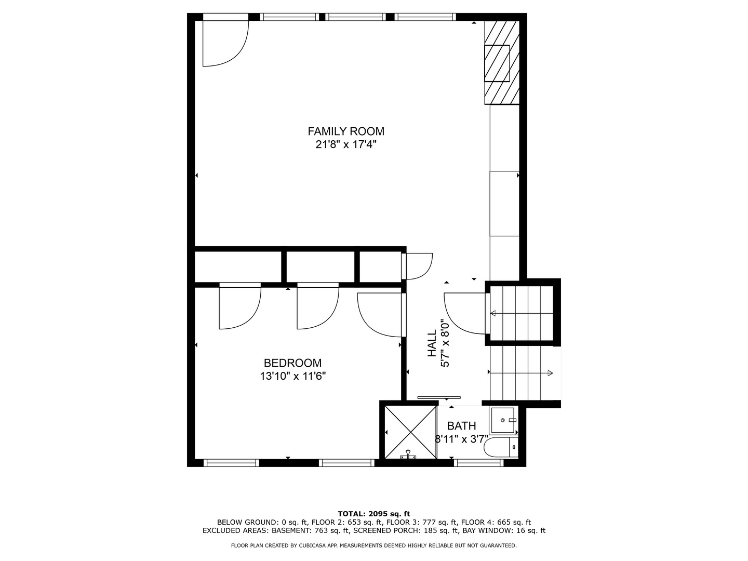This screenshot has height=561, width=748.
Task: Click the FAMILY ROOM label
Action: (x=346, y=131)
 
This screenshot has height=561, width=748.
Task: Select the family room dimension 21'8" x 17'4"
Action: (x=346, y=144)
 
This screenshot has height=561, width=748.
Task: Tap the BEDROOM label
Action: (x=292, y=363)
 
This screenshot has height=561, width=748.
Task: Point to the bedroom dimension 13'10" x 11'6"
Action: (x=293, y=376)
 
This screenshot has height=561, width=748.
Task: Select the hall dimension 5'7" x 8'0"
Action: (x=445, y=343)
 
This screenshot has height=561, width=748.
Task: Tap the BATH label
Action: (x=461, y=426)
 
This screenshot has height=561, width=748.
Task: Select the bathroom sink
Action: (x=503, y=420)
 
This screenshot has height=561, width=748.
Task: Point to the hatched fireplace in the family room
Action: (x=501, y=63)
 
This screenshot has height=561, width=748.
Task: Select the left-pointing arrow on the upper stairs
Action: (x=493, y=313)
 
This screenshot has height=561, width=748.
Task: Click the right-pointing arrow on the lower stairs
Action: (x=550, y=372)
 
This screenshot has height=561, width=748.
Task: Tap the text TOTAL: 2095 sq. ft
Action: (x=374, y=513)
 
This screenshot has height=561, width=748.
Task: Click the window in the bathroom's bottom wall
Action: (x=478, y=462)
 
